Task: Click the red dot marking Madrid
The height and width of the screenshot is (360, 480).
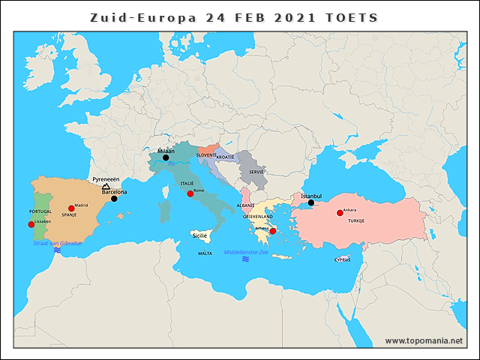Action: tap(71, 208)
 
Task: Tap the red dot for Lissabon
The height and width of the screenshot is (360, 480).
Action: tap(31, 224)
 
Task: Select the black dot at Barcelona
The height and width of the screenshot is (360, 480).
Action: tap(114, 199)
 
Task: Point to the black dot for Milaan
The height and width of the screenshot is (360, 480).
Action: tap(166, 157)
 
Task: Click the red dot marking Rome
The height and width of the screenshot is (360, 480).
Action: tap(190, 193)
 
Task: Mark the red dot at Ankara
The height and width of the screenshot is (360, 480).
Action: tap(340, 213)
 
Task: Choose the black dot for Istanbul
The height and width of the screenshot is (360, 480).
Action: tap(310, 202)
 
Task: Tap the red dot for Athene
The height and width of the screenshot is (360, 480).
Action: tap(272, 231)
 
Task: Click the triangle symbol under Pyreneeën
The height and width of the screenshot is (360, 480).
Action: tap(106, 187)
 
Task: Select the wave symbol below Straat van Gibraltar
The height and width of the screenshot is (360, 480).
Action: tap(58, 250)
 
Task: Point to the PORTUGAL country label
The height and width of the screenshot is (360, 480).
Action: tap(40, 212)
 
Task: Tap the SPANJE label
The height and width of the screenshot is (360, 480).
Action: tap(69, 215)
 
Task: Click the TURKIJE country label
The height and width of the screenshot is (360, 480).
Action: tap(355, 221)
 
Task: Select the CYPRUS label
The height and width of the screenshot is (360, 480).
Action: tap(343, 259)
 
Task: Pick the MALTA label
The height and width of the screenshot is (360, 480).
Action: tap(204, 253)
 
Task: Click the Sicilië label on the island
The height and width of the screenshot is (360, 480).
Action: tap(199, 235)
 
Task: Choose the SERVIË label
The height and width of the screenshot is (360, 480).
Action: tap(256, 172)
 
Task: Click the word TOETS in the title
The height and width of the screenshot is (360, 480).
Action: tap(351, 17)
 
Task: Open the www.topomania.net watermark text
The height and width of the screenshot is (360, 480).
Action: tap(424, 340)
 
